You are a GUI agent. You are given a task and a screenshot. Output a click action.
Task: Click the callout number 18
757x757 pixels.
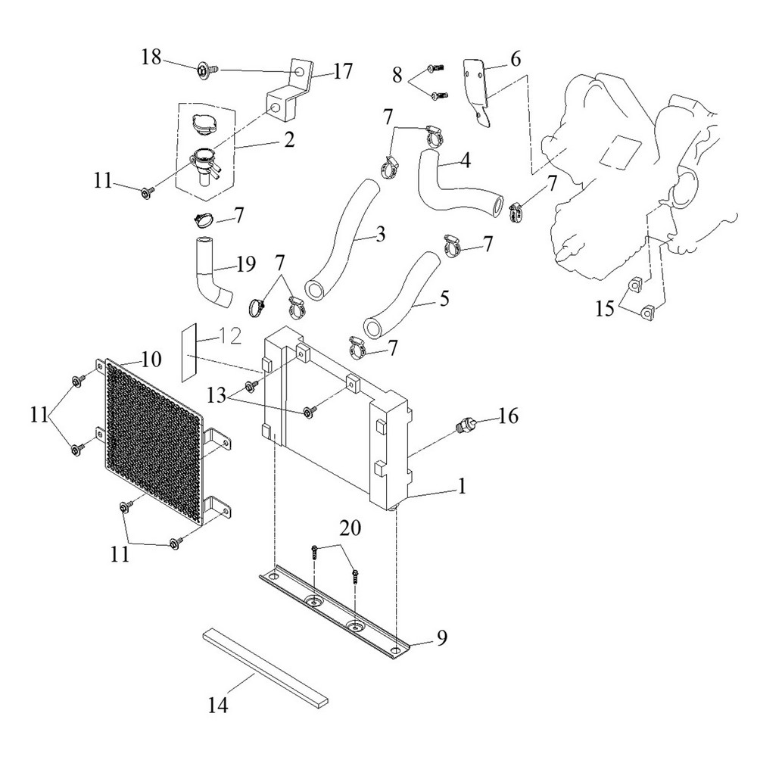pyautogui.click(x=151, y=57)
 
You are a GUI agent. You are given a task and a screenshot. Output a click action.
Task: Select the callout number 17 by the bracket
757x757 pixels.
pyautogui.click(x=343, y=71)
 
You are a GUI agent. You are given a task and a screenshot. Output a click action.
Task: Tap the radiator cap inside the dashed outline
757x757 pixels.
pyautogui.click(x=204, y=123)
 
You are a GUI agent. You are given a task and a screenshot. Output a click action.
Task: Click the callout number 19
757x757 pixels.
pyautogui.click(x=246, y=264)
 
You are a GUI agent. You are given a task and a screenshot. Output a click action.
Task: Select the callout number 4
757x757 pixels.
pyautogui.click(x=466, y=160)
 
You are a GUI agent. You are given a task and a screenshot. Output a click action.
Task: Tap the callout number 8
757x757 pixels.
pyautogui.click(x=397, y=75)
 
